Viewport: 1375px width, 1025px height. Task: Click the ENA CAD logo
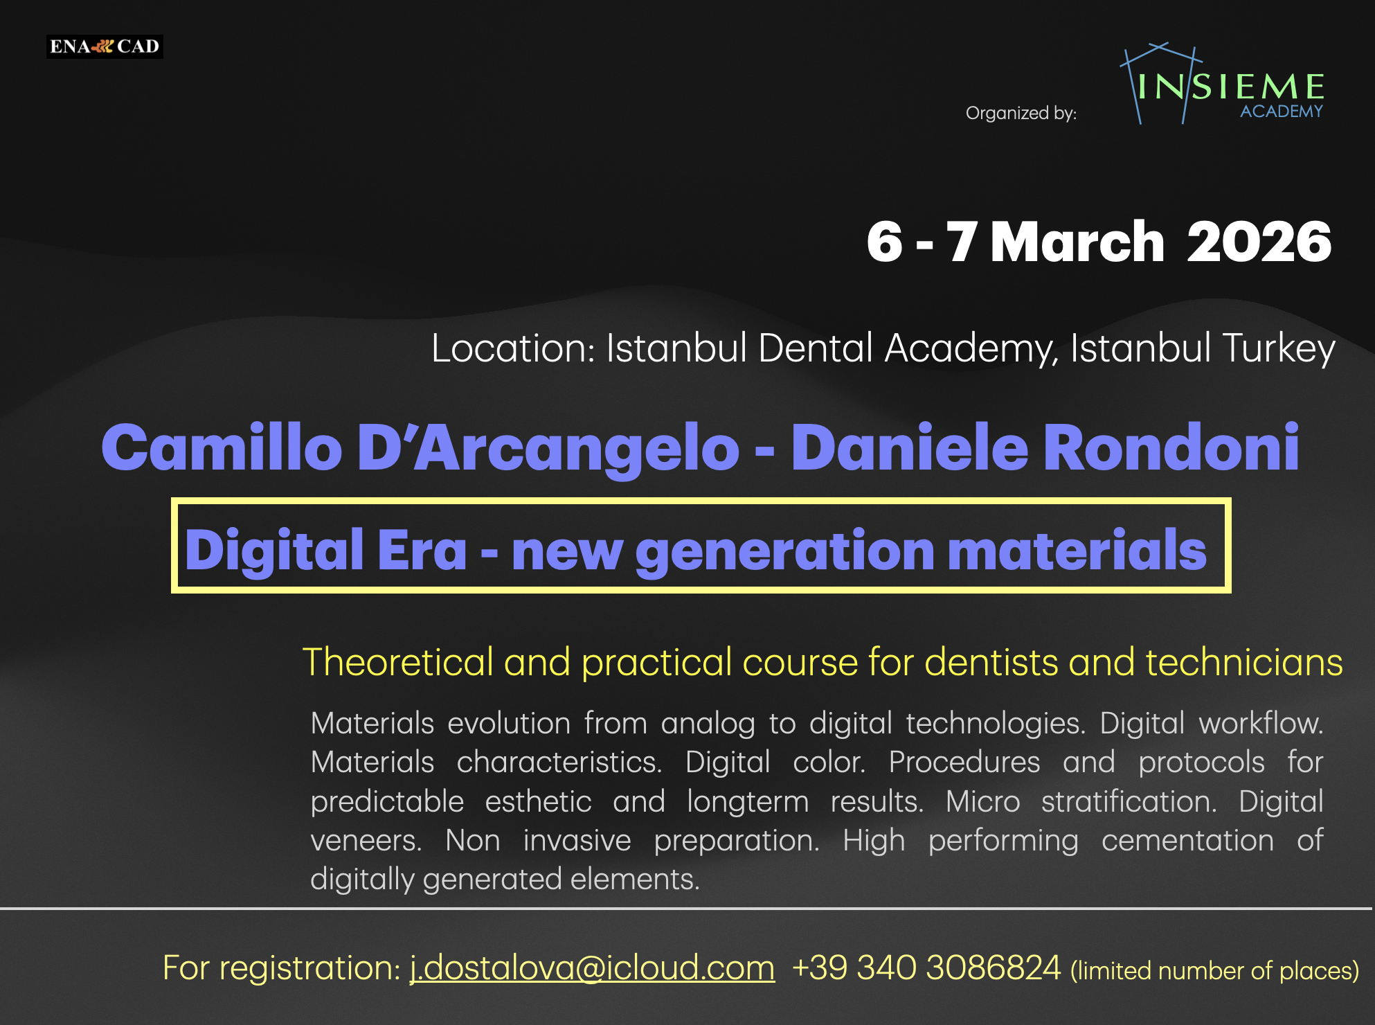[x=105, y=46]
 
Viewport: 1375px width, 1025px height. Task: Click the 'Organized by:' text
[x=1021, y=113]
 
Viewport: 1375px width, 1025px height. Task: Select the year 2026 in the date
[x=1259, y=242]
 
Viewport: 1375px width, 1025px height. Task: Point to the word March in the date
[x=1077, y=242]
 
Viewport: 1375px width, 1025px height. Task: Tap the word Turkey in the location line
[x=1278, y=348]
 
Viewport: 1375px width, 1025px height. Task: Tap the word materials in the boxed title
[x=1077, y=550]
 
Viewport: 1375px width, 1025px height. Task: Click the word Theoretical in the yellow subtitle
[x=397, y=662]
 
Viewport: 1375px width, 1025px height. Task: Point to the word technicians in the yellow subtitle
[x=1243, y=662]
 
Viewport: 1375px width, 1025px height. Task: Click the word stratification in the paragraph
[x=1129, y=801]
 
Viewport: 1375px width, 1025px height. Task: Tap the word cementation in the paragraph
[x=1187, y=840]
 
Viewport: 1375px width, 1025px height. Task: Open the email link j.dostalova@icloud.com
[x=592, y=968]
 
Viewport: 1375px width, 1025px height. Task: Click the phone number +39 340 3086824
[x=926, y=968]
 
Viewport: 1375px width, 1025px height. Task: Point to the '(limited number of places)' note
[x=1214, y=970]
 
